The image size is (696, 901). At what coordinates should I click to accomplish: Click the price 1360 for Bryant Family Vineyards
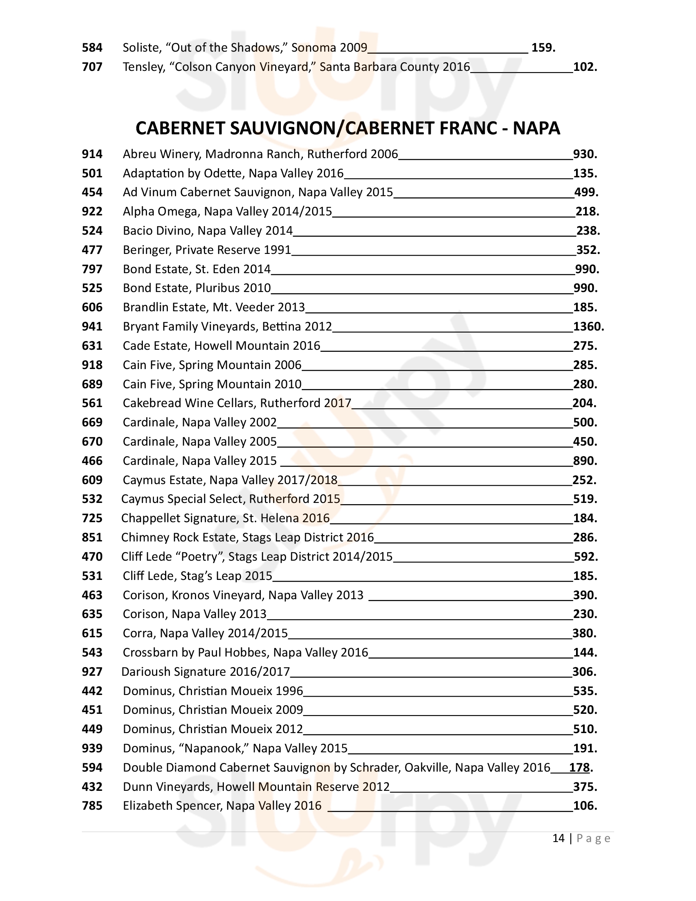coord(588,327)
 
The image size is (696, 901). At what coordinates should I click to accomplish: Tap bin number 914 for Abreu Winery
coord(92,154)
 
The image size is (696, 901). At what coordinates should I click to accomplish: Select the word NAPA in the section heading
coord(536,128)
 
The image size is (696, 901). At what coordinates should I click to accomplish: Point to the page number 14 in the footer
coord(558,838)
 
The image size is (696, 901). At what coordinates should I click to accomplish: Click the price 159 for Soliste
coord(542,48)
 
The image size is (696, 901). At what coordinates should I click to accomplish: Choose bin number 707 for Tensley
coord(92,67)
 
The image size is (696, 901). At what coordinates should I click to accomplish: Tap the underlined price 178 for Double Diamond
coord(579,768)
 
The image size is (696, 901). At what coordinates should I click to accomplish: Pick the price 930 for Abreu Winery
coord(584,154)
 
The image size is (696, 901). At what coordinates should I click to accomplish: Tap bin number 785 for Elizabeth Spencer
coord(92,806)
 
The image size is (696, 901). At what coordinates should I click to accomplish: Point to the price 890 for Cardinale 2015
coord(584,461)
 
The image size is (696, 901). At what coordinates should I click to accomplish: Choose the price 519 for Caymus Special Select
coord(584,499)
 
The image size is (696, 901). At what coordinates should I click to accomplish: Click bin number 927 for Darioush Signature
coord(92,672)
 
